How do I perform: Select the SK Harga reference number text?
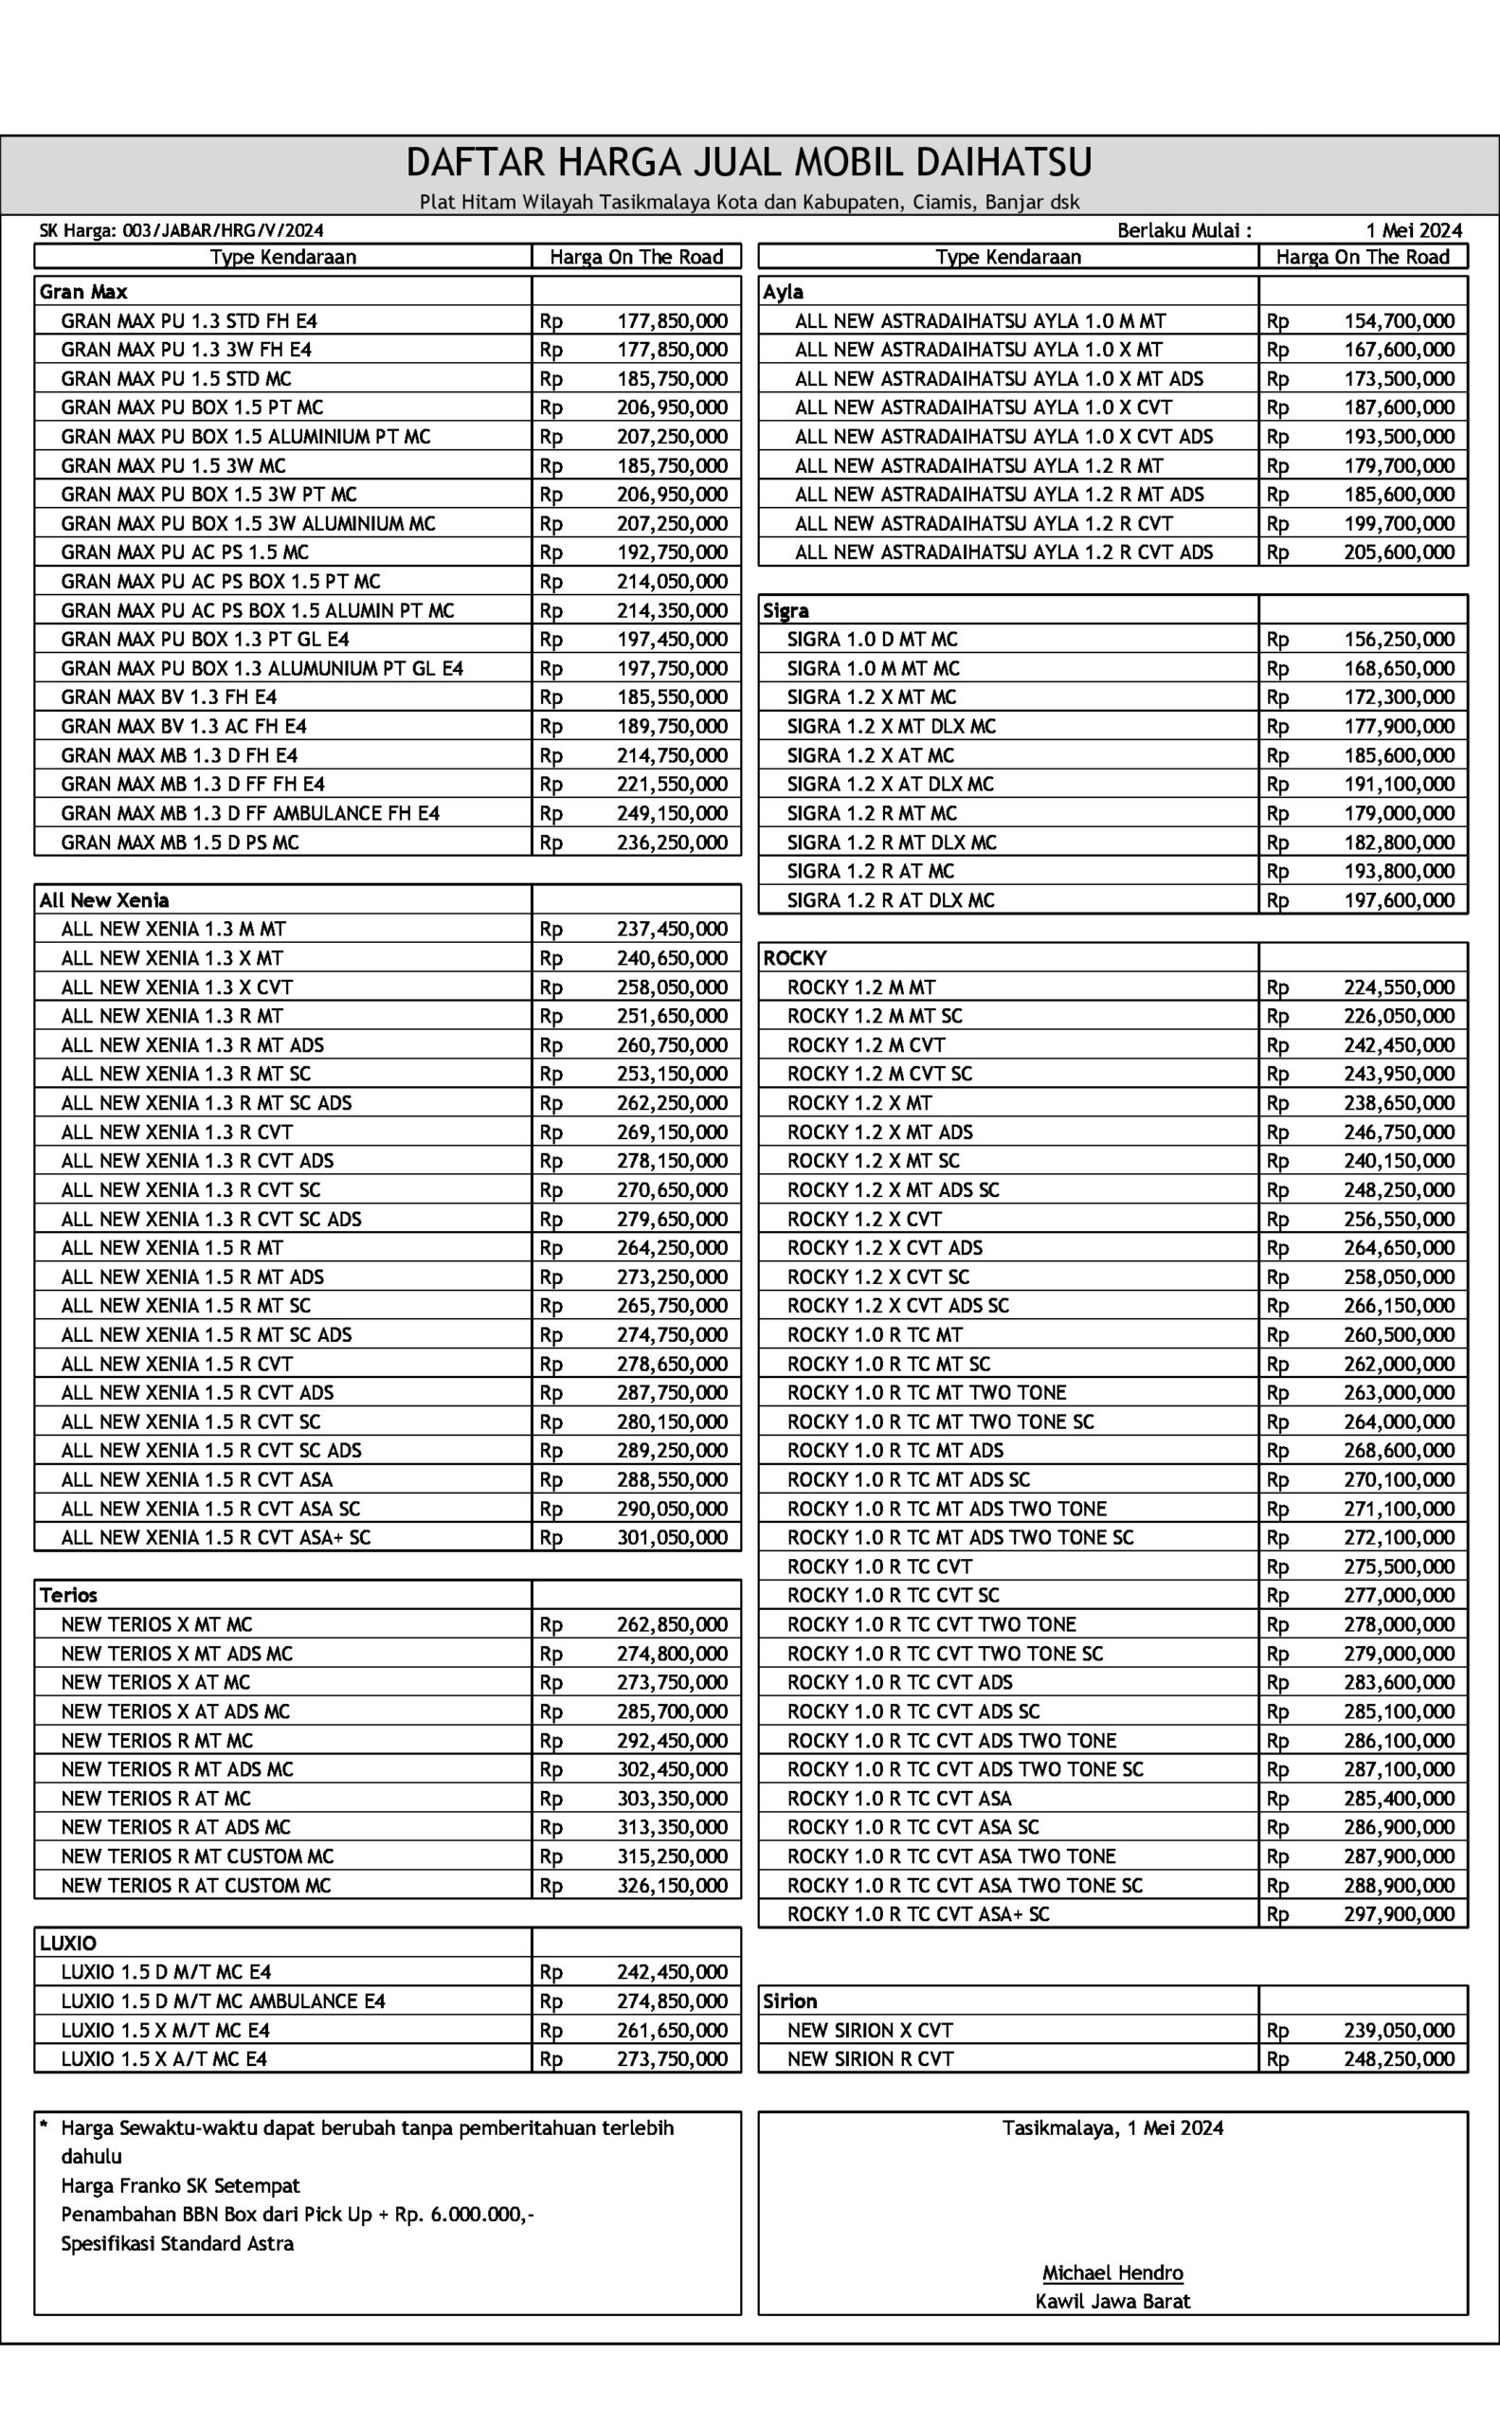point(182,230)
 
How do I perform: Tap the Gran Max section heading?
point(83,292)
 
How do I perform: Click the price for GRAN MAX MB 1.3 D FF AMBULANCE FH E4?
point(672,813)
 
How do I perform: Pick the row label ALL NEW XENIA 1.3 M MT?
point(173,929)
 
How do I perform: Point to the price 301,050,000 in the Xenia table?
point(672,1537)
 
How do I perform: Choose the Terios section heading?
point(68,1595)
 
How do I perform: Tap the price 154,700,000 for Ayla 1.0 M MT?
point(1399,320)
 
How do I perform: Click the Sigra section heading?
point(786,610)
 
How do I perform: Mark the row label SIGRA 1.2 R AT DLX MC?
point(890,900)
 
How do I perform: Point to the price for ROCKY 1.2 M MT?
point(1399,987)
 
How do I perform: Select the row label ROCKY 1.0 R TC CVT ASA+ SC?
point(917,1914)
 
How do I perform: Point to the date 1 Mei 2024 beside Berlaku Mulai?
point(1413,230)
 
